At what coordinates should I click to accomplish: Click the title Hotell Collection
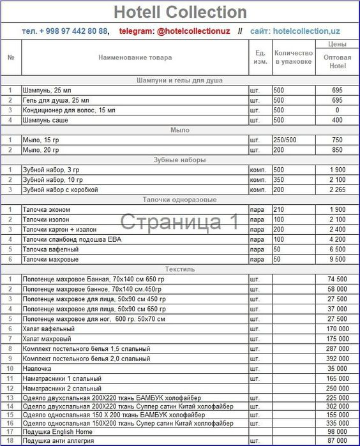[179, 12]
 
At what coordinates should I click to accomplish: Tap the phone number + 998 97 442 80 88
[73, 31]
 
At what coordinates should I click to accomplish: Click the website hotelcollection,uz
[304, 31]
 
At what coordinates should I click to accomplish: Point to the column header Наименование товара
[135, 58]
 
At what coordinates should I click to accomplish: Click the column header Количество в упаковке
[293, 57]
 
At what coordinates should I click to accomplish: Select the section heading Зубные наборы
[179, 160]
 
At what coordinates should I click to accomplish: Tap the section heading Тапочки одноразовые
[179, 200]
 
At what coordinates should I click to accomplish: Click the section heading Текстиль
[179, 269]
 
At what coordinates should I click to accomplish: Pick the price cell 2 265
[337, 190]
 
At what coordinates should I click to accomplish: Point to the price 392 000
[337, 359]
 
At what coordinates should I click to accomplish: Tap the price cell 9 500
[337, 259]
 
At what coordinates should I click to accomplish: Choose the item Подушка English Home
[57, 432]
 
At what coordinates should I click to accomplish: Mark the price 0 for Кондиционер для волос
[337, 110]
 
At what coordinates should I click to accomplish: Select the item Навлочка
[39, 369]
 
